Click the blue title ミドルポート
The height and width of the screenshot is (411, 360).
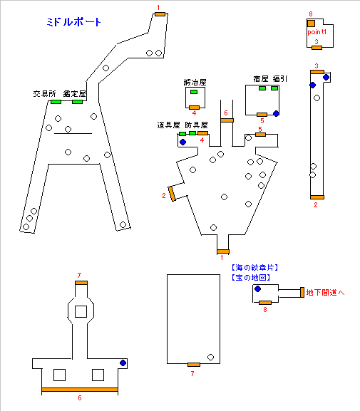pyautogui.click(x=73, y=22)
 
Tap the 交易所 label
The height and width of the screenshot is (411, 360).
pyautogui.click(x=45, y=94)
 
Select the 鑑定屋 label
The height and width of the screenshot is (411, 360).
pyautogui.click(x=75, y=94)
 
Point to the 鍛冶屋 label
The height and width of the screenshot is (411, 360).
pyautogui.click(x=195, y=83)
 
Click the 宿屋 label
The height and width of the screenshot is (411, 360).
pyautogui.click(x=261, y=78)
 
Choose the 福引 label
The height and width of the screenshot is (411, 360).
pyautogui.click(x=280, y=78)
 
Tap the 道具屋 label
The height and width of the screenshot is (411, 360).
pyautogui.click(x=168, y=125)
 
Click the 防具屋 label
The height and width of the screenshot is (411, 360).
pyautogui.click(x=196, y=125)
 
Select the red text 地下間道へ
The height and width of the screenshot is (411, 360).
pyautogui.click(x=325, y=292)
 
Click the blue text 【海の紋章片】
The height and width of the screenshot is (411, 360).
pyautogui.click(x=254, y=268)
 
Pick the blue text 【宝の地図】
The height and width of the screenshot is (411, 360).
pyautogui.click(x=251, y=277)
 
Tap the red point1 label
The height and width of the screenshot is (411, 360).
pyautogui.click(x=317, y=32)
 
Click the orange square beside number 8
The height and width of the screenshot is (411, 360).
pyautogui.click(x=311, y=24)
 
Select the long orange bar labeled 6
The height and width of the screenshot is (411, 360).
pyautogui.click(x=80, y=390)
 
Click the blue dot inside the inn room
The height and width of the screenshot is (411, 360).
pyautogui.click(x=276, y=113)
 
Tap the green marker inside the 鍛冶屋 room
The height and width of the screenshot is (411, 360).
pyautogui.click(x=194, y=92)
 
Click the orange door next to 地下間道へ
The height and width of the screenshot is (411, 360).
pyautogui.click(x=302, y=292)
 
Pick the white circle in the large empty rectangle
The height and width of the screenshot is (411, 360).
pyautogui.click(x=210, y=357)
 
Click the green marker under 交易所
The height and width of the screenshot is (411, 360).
pyautogui.click(x=56, y=102)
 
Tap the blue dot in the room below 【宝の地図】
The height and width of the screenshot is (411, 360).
pyautogui.click(x=257, y=289)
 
